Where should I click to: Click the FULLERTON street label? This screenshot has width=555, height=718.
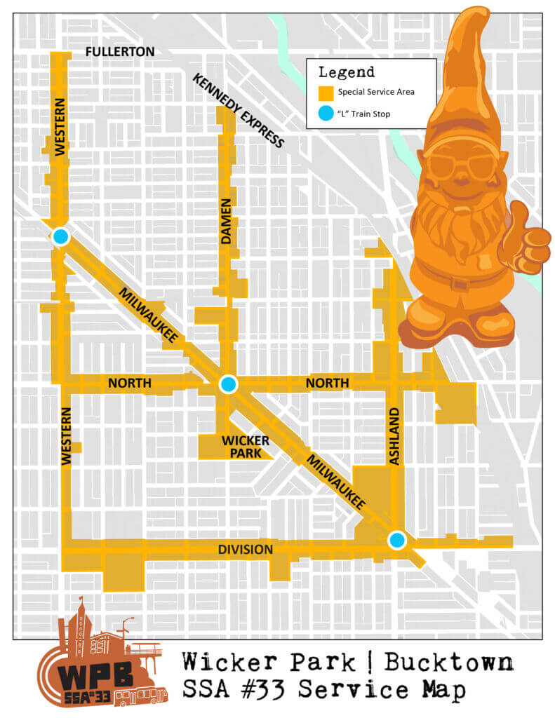(119, 52)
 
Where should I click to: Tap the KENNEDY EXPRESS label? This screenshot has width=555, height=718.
(239, 111)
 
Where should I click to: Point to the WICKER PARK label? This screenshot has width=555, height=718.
(245, 447)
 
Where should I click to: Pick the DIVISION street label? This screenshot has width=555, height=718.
(244, 550)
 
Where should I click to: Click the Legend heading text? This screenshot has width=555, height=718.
(346, 72)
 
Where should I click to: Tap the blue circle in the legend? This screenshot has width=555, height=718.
(324, 114)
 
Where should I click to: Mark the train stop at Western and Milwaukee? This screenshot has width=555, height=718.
(60, 237)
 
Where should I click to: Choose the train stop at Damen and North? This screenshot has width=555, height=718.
(228, 384)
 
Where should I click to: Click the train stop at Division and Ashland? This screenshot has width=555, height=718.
(397, 539)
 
